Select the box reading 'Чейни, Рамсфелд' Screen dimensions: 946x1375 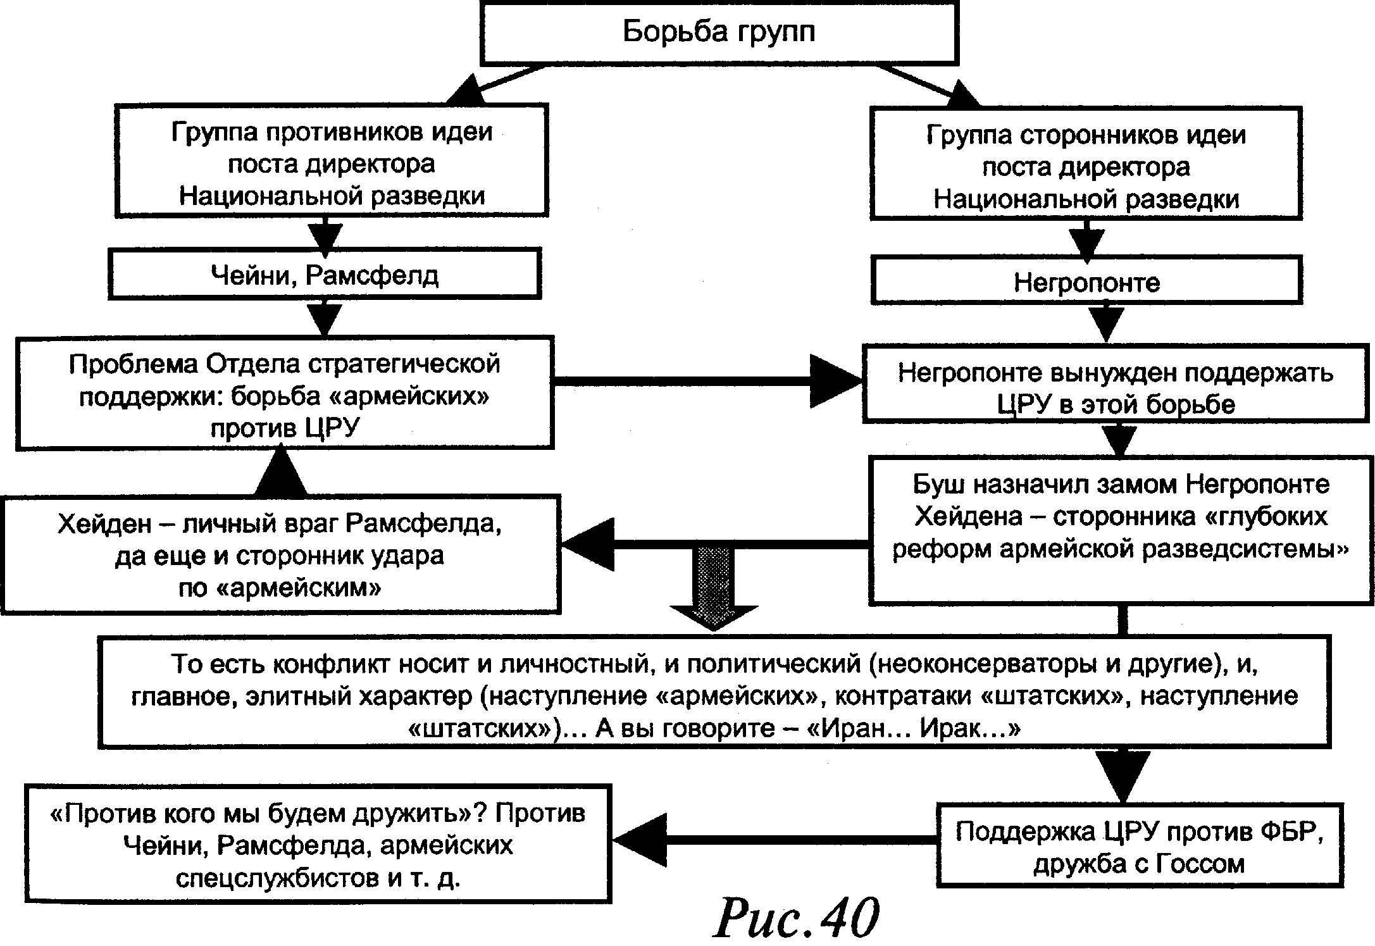coord(324,274)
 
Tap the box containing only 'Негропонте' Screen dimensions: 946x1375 coord(1086,281)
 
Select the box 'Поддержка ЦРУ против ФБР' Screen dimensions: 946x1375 coord(1139,845)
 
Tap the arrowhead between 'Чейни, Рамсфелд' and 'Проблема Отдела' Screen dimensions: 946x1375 coord(325,320)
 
